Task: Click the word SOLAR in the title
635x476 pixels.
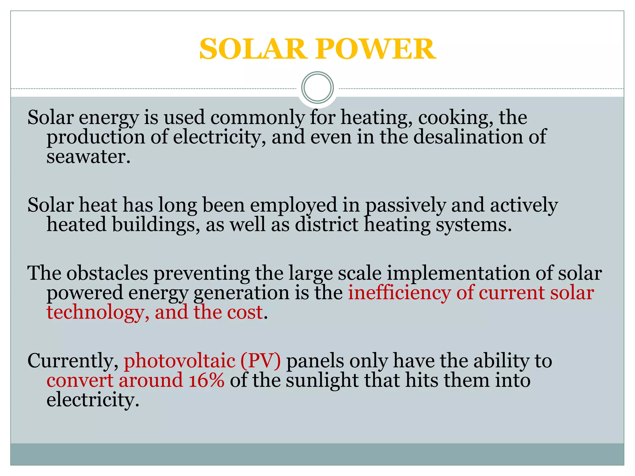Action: pyautogui.click(x=253, y=49)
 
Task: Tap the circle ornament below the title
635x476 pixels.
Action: pyautogui.click(x=317, y=87)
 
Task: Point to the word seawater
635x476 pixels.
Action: pyautogui.click(x=88, y=156)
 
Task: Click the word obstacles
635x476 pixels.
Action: pyautogui.click(x=107, y=273)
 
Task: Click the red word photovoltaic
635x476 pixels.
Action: pyautogui.click(x=180, y=361)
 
